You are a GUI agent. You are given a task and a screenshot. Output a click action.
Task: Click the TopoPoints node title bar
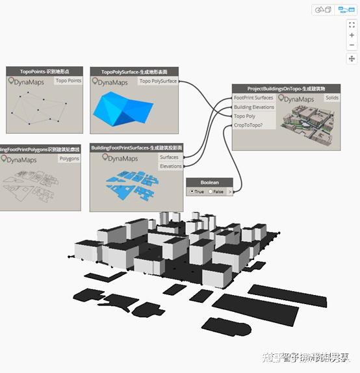[x=44, y=71]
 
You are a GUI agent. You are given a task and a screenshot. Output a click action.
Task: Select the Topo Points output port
[x=68, y=81]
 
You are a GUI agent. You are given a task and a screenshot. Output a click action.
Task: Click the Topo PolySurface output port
[x=158, y=81]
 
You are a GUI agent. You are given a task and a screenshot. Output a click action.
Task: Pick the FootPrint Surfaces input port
[x=254, y=98]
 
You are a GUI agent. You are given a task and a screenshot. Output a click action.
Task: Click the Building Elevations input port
[x=254, y=107]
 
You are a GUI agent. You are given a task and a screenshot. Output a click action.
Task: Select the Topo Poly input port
[x=245, y=116]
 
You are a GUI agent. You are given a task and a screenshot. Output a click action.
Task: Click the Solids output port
[x=331, y=98]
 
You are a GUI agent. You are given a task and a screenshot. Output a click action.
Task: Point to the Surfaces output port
[x=169, y=157]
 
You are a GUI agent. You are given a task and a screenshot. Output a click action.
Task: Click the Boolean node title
[x=209, y=183]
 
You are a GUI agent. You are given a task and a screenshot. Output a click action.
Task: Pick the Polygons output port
[x=69, y=158]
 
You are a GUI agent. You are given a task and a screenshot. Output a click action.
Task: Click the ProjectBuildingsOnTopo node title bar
[x=286, y=88]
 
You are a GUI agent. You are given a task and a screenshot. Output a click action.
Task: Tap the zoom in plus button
[x=352, y=35]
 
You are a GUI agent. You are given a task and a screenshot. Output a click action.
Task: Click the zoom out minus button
[x=352, y=45]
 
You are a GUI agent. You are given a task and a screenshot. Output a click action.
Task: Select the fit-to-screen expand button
[x=352, y=25]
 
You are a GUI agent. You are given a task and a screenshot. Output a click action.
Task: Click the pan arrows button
[x=352, y=58]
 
